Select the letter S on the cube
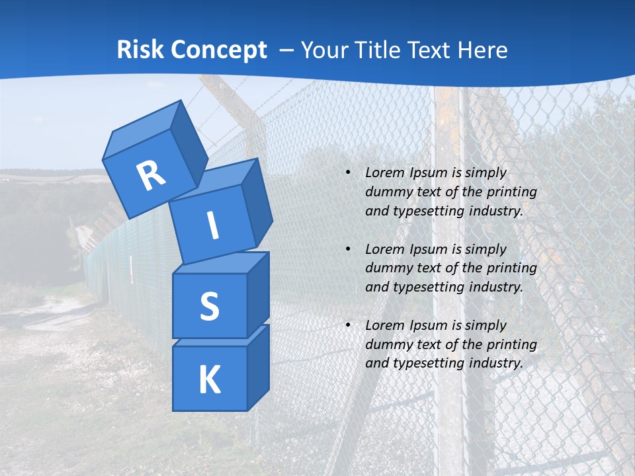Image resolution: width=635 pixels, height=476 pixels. click(209, 306)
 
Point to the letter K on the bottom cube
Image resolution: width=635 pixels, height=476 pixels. click(209, 379)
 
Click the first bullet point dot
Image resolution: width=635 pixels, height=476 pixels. click(348, 173)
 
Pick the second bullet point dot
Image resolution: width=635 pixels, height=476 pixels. click(348, 249)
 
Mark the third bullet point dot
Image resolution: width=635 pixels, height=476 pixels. click(348, 325)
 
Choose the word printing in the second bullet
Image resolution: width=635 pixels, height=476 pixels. click(511, 268)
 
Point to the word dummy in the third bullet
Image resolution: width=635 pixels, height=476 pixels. click(388, 344)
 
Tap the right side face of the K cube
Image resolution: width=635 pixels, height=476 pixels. click(258, 368)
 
